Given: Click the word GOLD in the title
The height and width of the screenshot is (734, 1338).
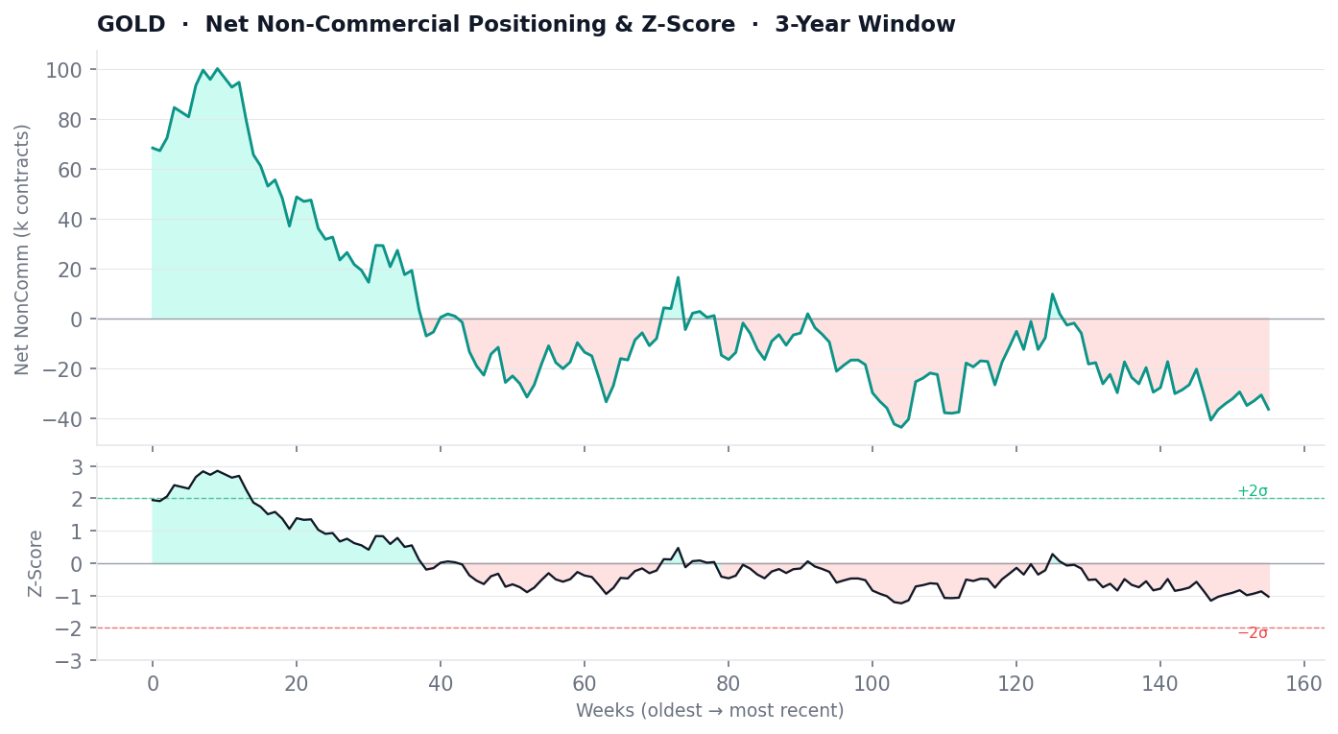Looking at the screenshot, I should (x=131, y=25).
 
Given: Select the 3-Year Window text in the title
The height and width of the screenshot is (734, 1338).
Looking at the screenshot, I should (x=865, y=25).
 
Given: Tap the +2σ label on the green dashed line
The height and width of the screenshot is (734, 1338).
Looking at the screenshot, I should (x=1252, y=491).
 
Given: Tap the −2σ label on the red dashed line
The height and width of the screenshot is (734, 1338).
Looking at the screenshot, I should (x=1252, y=633).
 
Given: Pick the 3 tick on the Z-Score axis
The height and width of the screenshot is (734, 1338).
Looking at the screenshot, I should (x=79, y=467).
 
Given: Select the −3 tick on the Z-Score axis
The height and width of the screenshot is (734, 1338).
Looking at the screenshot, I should (x=72, y=661).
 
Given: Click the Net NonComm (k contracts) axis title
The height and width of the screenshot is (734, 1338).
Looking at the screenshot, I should (x=23, y=249).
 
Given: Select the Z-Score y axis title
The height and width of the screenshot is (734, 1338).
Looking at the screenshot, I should (x=36, y=563).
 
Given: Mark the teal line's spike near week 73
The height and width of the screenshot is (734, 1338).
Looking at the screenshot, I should (x=678, y=277).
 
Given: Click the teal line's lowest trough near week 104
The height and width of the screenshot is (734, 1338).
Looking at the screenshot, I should (x=901, y=427).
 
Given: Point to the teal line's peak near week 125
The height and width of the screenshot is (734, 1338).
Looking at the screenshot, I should (x=1052, y=294).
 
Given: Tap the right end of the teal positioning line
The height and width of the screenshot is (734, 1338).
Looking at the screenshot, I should (x=1268, y=410).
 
